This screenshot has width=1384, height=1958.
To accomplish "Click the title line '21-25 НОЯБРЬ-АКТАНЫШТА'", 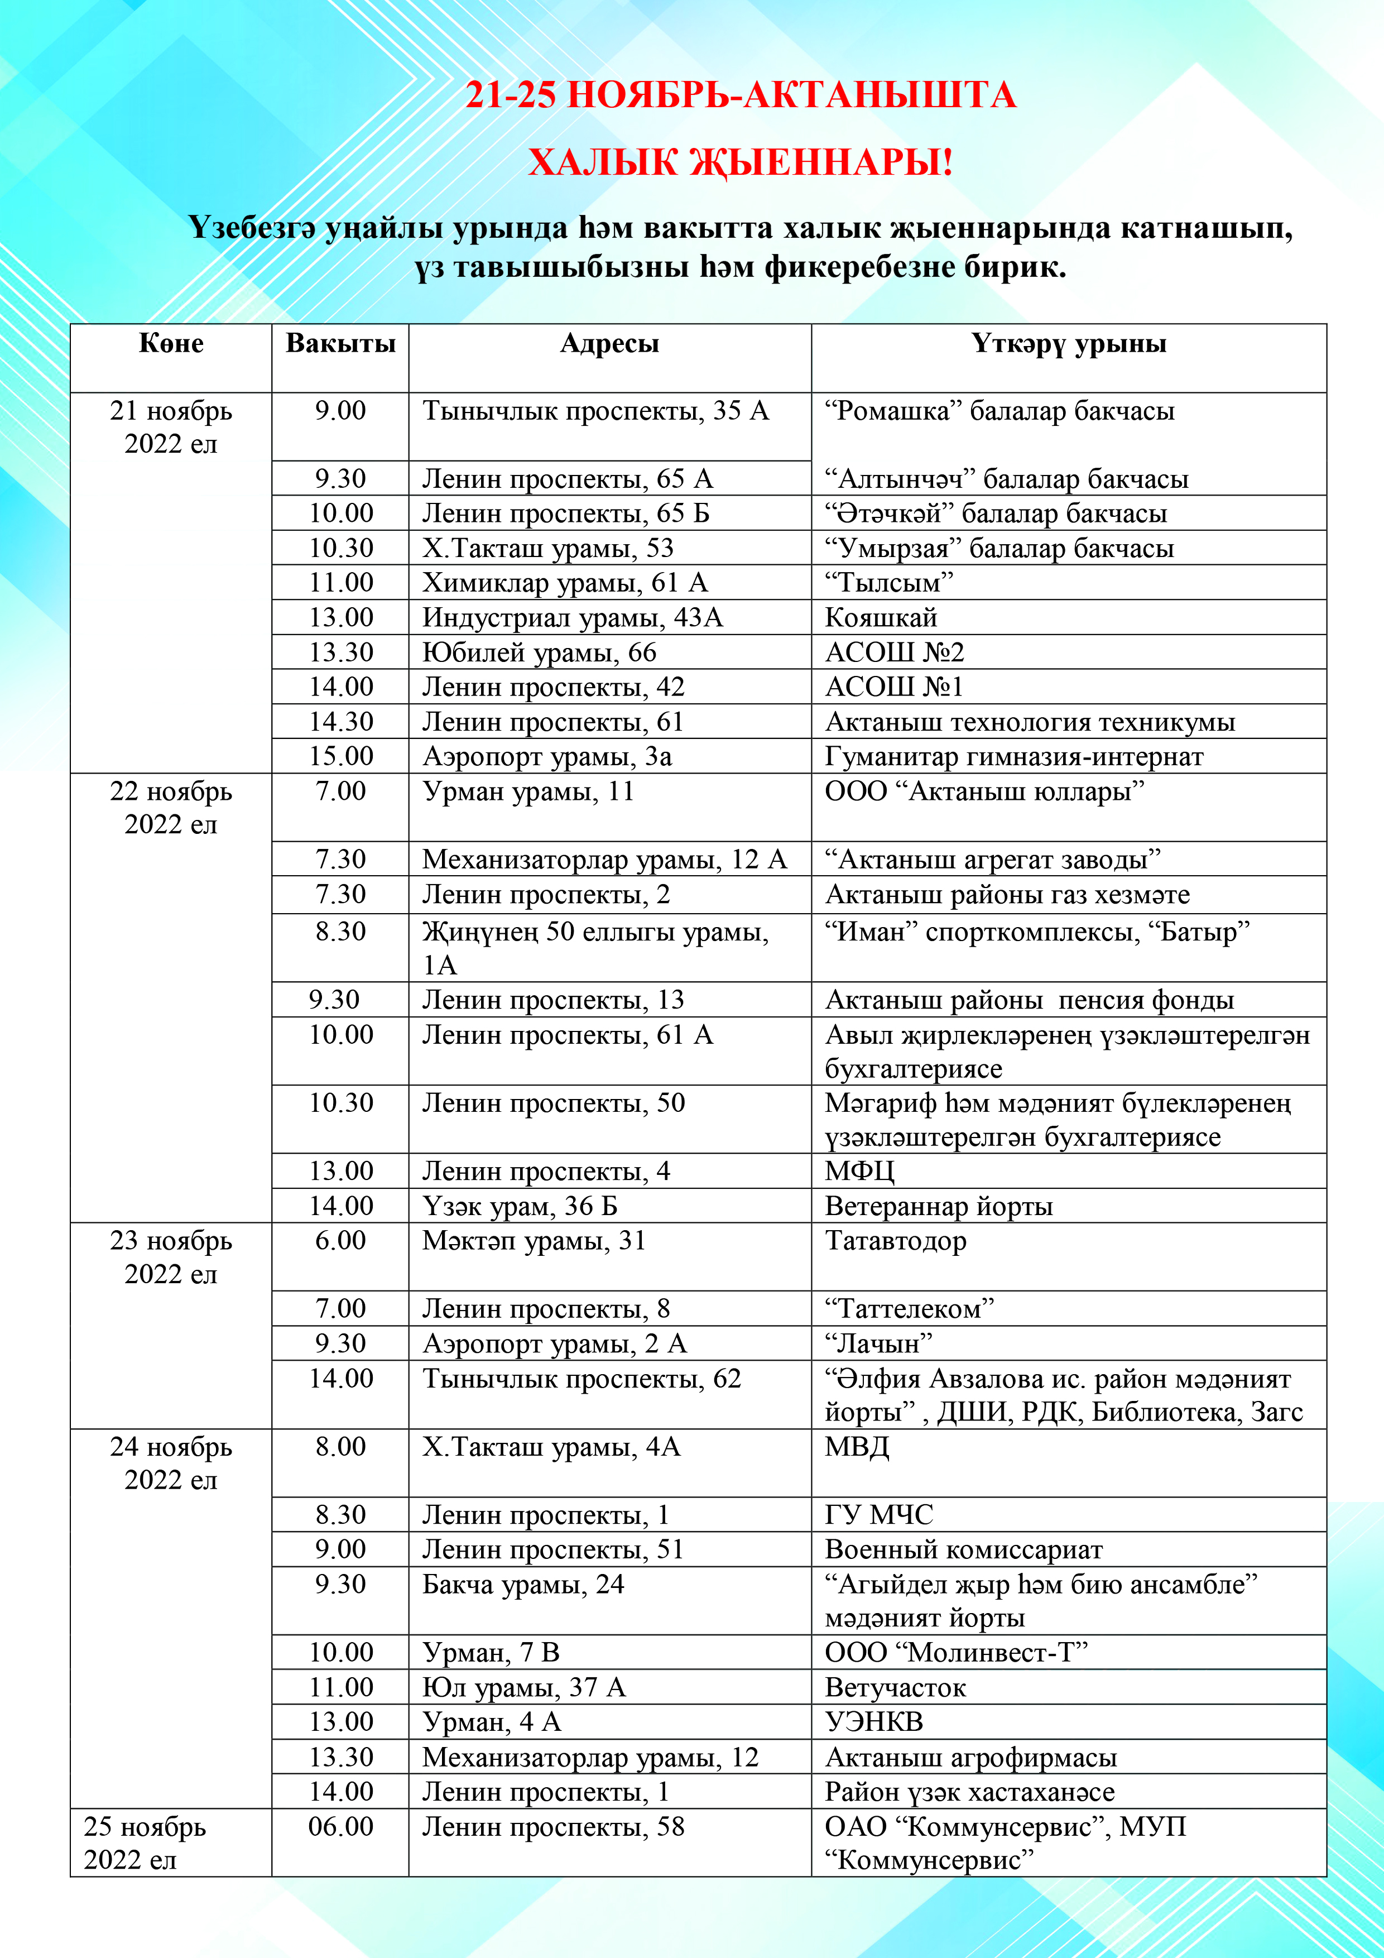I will [x=740, y=95].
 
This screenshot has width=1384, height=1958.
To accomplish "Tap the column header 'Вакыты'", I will [x=340, y=344].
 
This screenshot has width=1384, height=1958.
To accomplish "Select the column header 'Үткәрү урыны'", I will [x=1069, y=344].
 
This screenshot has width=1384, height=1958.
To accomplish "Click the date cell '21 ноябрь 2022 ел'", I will [x=171, y=427].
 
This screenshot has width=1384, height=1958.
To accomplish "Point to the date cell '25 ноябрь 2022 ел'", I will [x=145, y=1843].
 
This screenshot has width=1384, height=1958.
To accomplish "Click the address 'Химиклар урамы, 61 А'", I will [x=565, y=583].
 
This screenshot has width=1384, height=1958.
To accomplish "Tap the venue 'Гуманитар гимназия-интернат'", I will [x=1014, y=756].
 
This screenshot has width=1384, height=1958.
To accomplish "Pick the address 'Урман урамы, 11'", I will [x=528, y=791].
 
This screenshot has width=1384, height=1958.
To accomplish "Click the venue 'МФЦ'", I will [x=859, y=1171].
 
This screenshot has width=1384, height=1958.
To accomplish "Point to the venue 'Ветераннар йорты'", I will [x=938, y=1206].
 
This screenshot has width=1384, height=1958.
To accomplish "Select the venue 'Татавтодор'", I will [x=895, y=1241].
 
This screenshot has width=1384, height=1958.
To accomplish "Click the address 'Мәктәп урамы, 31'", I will [x=534, y=1241].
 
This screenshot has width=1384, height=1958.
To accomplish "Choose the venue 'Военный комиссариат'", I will [x=964, y=1549].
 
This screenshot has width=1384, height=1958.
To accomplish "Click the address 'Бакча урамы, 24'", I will [x=523, y=1585].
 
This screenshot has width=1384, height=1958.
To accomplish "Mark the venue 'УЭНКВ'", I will [x=873, y=1722].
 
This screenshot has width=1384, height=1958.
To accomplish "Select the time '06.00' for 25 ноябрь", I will [x=340, y=1827].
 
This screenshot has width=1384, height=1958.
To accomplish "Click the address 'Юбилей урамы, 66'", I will [x=539, y=652].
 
